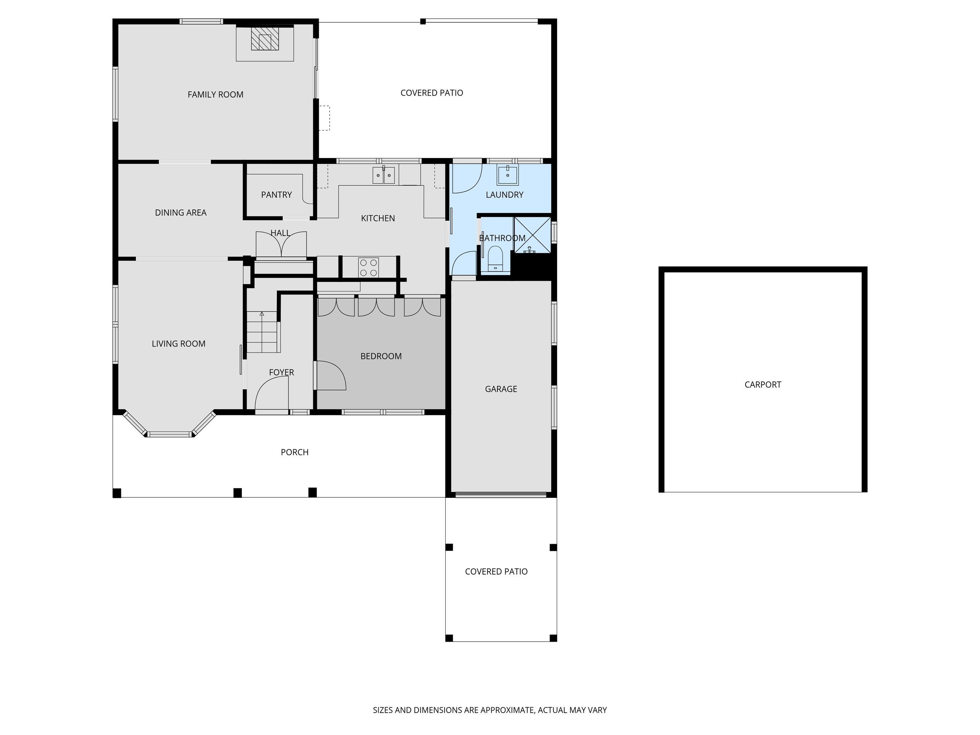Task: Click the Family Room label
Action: [215, 94]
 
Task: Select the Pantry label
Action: [276, 194]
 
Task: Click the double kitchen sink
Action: [383, 176]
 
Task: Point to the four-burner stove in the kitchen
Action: [368, 267]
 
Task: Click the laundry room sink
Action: [507, 176]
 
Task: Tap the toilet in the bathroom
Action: [495, 259]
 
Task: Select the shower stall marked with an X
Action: [532, 235]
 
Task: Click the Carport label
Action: [762, 385]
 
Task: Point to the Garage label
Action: [501, 389]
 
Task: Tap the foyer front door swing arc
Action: [271, 392]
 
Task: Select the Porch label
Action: [295, 452]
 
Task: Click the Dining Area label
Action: [180, 212]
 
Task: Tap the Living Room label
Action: [178, 343]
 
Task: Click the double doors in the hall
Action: [281, 245]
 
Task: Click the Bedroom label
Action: [381, 356]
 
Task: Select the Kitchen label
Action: [377, 218]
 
